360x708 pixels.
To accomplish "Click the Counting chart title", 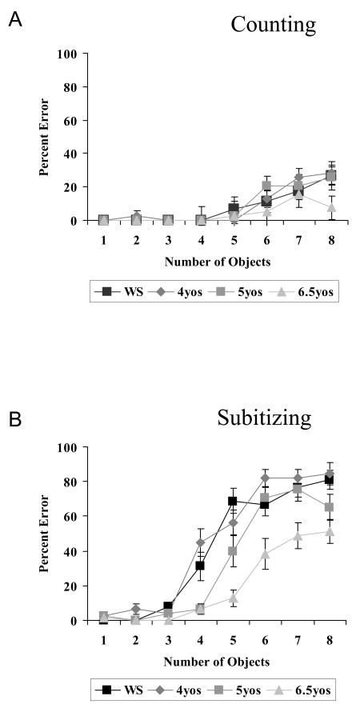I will tap(273, 24).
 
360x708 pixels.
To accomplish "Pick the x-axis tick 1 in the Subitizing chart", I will tap(103, 639).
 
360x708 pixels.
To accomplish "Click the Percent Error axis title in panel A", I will tap(47, 137).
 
